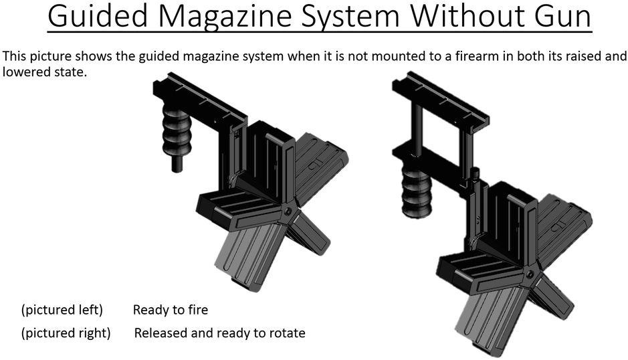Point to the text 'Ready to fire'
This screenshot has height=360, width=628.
point(171,310)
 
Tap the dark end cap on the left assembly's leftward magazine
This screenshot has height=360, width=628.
point(203,208)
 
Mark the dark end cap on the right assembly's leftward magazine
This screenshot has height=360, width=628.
point(444,269)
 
